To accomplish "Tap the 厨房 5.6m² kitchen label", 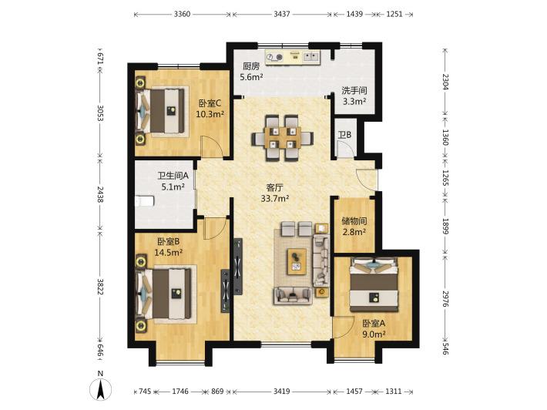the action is [x=251, y=72].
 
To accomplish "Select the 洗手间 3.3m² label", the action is [x=354, y=96].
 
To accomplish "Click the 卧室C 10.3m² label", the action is [x=210, y=109].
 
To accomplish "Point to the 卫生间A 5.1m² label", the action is [x=173, y=181].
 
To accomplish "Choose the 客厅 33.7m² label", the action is [x=275, y=193].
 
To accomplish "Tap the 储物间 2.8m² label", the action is [x=354, y=226].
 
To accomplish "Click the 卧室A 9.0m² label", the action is [x=374, y=329].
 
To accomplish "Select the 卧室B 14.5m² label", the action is [x=169, y=247].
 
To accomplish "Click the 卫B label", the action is [x=344, y=135].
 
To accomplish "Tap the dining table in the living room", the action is [x=283, y=138].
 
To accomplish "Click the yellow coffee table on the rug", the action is [x=297, y=261].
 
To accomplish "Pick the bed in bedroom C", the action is [x=163, y=111].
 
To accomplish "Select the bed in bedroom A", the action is [x=374, y=284].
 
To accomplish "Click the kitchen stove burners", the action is [x=274, y=56].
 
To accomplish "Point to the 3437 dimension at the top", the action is [x=281, y=15].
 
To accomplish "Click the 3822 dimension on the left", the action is [x=100, y=286].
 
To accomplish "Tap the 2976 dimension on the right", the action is [x=445, y=299].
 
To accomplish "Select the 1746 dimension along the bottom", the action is [x=180, y=392].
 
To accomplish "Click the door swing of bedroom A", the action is [x=343, y=328].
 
